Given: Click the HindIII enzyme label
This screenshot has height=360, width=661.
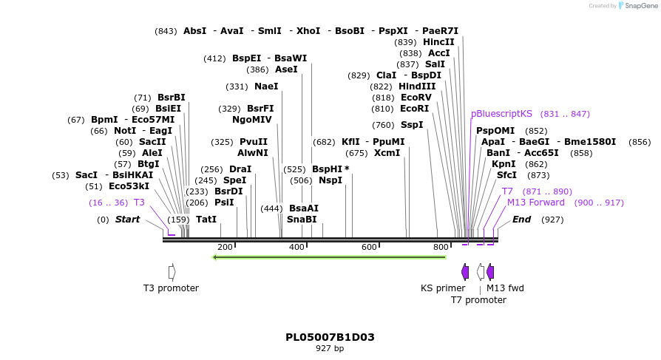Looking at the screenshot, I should click(417, 86).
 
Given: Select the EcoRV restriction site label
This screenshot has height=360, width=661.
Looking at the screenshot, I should click(416, 98).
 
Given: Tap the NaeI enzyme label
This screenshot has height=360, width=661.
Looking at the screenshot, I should click(266, 86).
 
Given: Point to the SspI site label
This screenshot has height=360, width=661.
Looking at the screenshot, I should click(412, 125).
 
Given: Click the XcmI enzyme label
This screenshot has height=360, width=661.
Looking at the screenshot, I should click(387, 153).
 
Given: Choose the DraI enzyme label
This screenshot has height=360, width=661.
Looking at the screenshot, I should click(240, 169).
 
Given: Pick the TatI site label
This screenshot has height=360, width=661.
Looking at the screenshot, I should click(206, 220).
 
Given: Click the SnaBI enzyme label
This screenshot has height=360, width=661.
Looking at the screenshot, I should click(302, 220).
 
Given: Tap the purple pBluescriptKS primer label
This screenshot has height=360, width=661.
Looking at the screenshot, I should click(501, 114).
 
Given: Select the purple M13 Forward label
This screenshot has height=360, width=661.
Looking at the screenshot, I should click(535, 203).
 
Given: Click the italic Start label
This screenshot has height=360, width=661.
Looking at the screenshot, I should click(127, 220).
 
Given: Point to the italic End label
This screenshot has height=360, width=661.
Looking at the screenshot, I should click(521, 220).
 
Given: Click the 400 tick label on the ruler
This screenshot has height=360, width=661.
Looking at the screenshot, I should click(296, 247).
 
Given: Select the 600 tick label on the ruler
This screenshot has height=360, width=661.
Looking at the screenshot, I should click(369, 247).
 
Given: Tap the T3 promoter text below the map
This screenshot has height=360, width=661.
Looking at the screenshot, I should click(171, 288).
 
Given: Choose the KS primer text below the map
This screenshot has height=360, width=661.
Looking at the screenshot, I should click(443, 288).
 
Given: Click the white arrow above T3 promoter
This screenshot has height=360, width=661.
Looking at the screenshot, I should click(172, 272).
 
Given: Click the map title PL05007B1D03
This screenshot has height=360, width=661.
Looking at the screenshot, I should click(330, 337).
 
